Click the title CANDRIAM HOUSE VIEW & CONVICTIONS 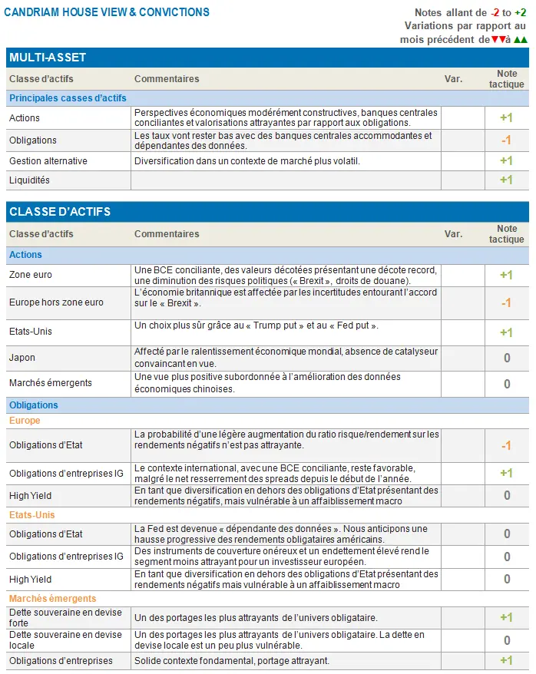pyautogui.click(x=107, y=12)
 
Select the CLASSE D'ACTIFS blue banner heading pyautogui.click(x=60, y=212)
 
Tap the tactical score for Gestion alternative pyautogui.click(x=506, y=161)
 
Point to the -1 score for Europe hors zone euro pyautogui.click(x=506, y=303)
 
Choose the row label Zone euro pyautogui.click(x=31, y=275)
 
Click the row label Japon pyautogui.click(x=22, y=358)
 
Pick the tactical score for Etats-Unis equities pyautogui.click(x=506, y=332)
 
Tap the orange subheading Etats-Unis pyautogui.click(x=32, y=515)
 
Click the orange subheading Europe pyautogui.click(x=25, y=421)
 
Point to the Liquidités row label pyautogui.click(x=29, y=180)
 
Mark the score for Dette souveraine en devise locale pyautogui.click(x=506, y=640)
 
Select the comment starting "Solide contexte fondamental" pyautogui.click(x=231, y=661)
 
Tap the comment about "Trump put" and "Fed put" pyautogui.click(x=256, y=326)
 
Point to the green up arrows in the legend pyautogui.click(x=521, y=39)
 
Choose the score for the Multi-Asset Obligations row pyautogui.click(x=506, y=140)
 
